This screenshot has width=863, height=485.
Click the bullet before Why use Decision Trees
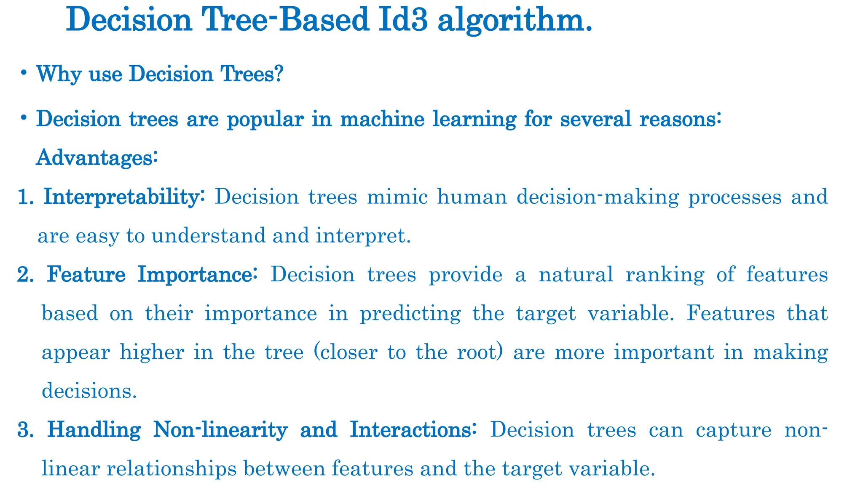24,73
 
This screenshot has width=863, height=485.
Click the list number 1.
26,197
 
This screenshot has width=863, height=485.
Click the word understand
209,236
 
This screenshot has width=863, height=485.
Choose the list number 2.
26,274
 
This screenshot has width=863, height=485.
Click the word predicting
410,314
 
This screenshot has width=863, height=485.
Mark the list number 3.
26,430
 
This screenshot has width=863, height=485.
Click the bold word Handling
94,430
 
